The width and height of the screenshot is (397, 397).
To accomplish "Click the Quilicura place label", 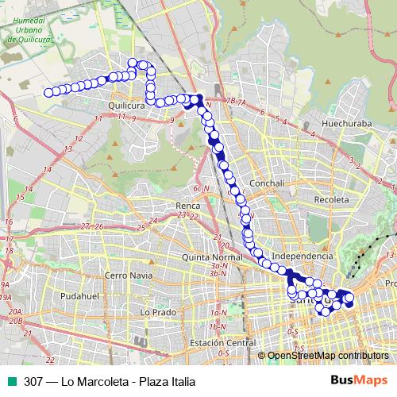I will point(129,103).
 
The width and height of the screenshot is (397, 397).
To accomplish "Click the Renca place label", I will point(187,205).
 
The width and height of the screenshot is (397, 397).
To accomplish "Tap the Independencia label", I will point(302,256).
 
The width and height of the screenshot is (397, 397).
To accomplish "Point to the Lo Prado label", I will point(156,313).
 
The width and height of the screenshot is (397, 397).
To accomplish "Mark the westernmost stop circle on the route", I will point(48,92).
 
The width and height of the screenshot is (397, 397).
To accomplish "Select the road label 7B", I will point(229,101).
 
